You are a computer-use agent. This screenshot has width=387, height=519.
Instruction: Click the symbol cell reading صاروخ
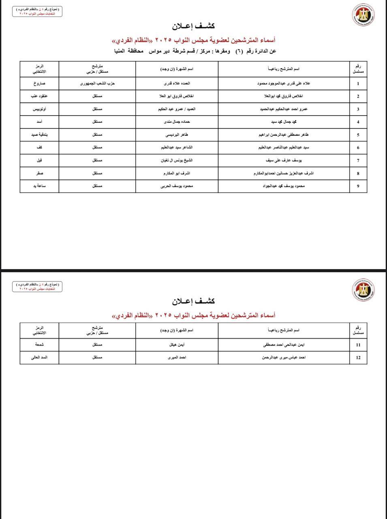click(39, 84)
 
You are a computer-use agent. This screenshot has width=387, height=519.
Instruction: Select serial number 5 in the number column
click(358, 135)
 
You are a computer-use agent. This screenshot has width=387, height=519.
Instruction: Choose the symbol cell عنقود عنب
click(39, 97)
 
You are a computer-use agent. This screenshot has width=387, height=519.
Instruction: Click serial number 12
click(358, 358)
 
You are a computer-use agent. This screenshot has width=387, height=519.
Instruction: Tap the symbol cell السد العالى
click(39, 358)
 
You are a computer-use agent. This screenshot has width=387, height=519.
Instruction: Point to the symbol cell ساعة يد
click(39, 186)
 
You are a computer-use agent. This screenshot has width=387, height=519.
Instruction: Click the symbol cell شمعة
click(39, 345)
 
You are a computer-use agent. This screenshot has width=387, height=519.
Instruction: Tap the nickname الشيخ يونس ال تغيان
click(177, 161)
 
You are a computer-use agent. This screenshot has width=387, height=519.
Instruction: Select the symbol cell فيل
click(39, 161)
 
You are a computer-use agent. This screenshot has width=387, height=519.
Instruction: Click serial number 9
click(358, 186)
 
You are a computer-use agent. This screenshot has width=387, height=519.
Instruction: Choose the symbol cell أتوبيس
click(39, 109)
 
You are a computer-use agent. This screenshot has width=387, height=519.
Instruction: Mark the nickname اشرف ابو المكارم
click(177, 174)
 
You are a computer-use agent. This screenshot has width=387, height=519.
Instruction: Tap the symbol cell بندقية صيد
click(39, 135)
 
